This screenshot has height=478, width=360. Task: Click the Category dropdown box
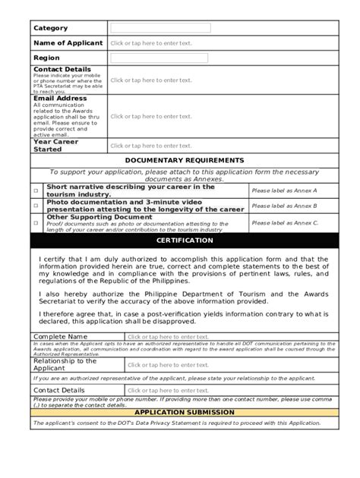159,28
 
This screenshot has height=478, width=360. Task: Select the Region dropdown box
159,58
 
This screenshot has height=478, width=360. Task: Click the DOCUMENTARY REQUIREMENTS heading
185,160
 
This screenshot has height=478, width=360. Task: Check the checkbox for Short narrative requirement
36,190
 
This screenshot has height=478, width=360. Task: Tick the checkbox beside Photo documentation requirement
36,205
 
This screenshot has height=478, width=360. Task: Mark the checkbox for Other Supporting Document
36,222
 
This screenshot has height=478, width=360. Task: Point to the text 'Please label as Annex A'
285,190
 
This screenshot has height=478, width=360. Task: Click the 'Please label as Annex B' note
285,206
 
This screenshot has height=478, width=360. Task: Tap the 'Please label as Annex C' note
285,222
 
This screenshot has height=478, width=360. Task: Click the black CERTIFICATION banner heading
185,241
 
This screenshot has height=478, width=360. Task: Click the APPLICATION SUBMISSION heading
185,412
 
